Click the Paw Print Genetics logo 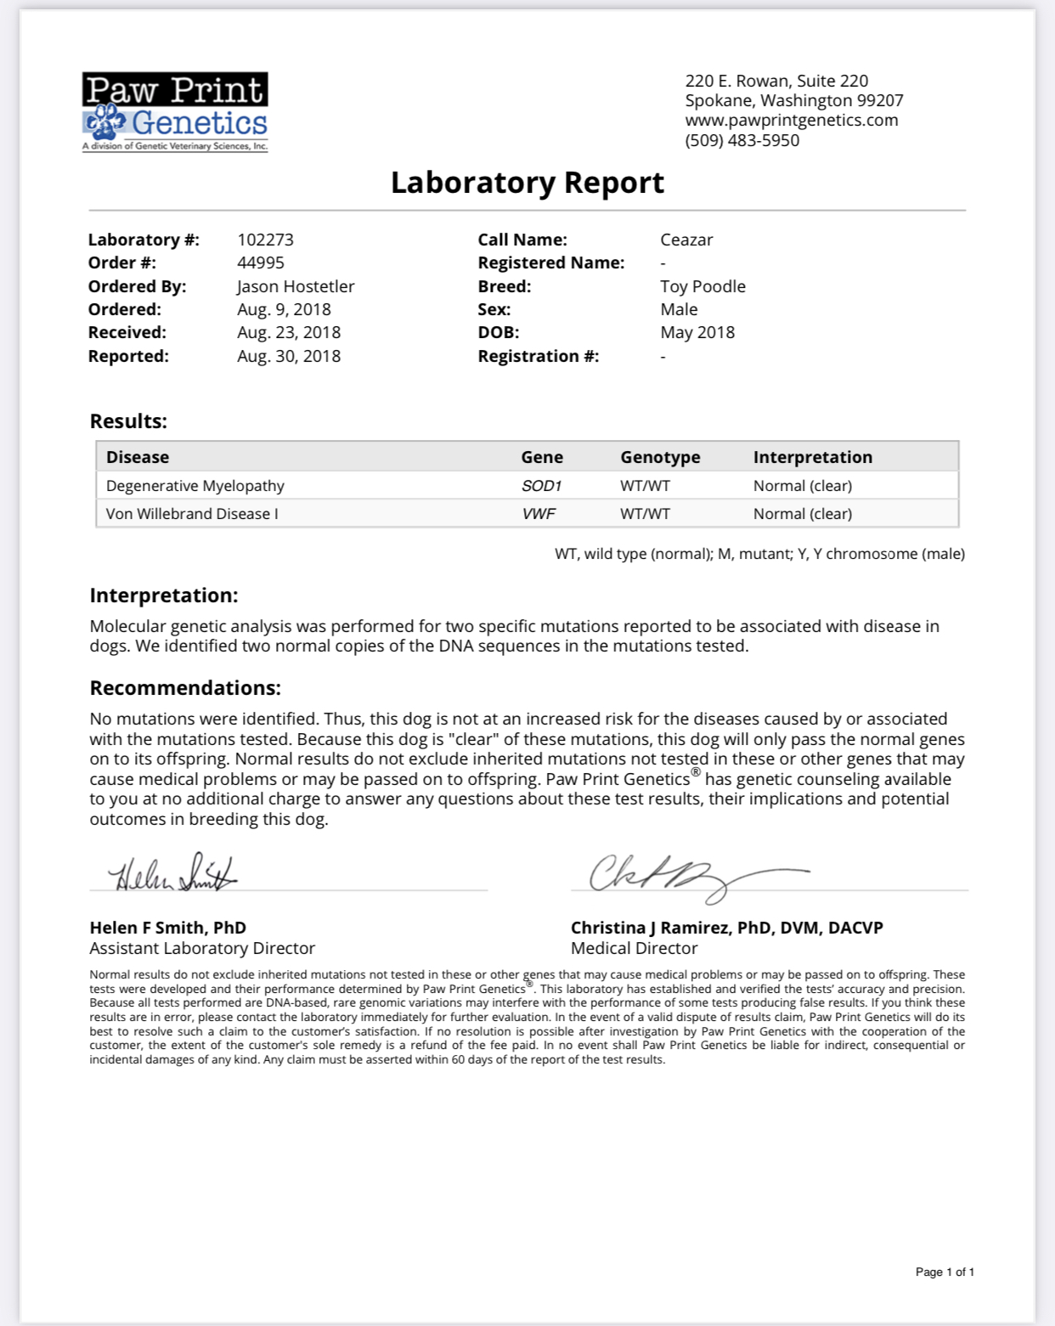pyautogui.click(x=175, y=112)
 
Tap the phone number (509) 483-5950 pyautogui.click(x=742, y=140)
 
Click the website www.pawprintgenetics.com pyautogui.click(x=791, y=120)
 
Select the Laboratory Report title pyautogui.click(x=527, y=183)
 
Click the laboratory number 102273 pyautogui.click(x=265, y=240)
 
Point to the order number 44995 pyautogui.click(x=260, y=262)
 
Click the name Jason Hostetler pyautogui.click(x=295, y=286)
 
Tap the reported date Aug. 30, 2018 pyautogui.click(x=288, y=356)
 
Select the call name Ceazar pyautogui.click(x=686, y=240)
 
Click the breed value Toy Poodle pyautogui.click(x=702, y=286)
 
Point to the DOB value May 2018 pyautogui.click(x=697, y=332)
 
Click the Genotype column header pyautogui.click(x=660, y=457)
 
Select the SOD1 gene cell pyautogui.click(x=541, y=486)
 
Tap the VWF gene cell pyautogui.click(x=539, y=514)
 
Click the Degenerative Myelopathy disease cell pyautogui.click(x=195, y=486)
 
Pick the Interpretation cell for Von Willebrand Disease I pyautogui.click(x=802, y=514)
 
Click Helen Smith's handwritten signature pyautogui.click(x=172, y=872)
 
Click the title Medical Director pyautogui.click(x=634, y=948)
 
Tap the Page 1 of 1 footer pyautogui.click(x=944, y=1272)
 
